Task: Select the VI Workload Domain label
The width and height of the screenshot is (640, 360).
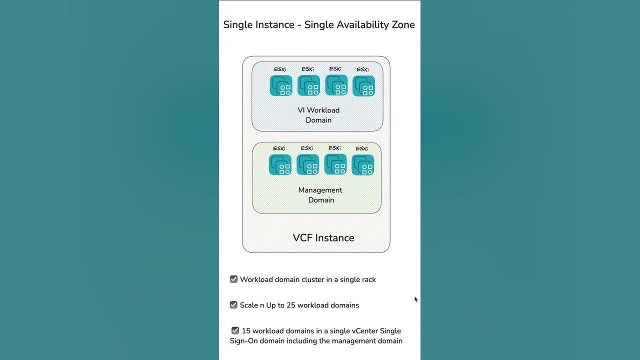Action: coord(318,115)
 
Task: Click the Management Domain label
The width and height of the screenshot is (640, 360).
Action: coord(320,195)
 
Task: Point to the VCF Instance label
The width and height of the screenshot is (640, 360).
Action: coord(323,237)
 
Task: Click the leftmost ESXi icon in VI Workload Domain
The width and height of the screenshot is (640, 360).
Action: coord(281,85)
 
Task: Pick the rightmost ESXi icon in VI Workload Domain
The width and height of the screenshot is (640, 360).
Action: coord(363,86)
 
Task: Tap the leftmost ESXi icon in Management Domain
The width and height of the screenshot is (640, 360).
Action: coord(280,165)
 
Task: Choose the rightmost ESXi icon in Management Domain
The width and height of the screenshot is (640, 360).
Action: coord(363,165)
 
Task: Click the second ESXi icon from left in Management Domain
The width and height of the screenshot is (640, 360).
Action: coord(308,164)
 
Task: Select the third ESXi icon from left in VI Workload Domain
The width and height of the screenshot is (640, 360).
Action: coord(336,85)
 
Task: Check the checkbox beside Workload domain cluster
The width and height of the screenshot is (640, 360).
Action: coord(233,279)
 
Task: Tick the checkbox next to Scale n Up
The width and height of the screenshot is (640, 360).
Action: coord(233,305)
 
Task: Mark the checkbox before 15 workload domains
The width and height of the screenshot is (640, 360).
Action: coord(235,330)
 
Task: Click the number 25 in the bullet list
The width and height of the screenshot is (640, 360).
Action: coord(291,305)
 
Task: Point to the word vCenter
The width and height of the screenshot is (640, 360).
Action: coord(364,331)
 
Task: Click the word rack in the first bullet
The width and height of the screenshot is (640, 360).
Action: coord(368,279)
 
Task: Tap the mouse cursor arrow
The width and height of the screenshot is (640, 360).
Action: coord(416,299)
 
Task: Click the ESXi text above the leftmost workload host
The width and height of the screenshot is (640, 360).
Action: coord(280,69)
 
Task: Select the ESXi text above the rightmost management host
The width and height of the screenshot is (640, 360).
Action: coord(361,148)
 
